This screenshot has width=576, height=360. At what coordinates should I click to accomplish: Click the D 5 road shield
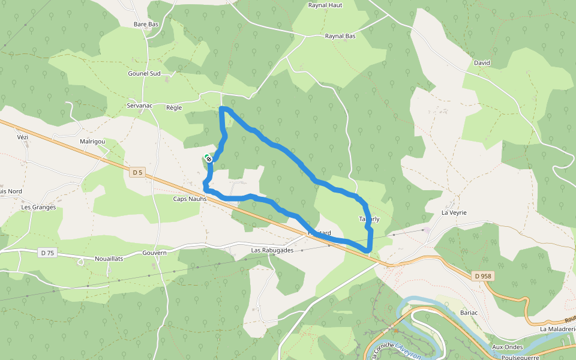(137, 173)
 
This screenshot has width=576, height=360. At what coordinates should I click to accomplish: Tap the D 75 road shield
(48, 253)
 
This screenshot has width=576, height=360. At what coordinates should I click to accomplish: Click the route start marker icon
(208, 158)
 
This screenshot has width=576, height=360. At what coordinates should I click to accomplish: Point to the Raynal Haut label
(325, 5)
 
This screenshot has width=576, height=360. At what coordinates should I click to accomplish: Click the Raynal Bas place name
(340, 36)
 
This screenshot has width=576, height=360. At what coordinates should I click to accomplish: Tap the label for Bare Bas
(146, 24)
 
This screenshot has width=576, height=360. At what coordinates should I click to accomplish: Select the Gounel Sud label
(144, 73)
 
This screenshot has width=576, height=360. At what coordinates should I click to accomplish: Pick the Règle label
(173, 107)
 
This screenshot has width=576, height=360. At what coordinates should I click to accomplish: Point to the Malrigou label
(92, 142)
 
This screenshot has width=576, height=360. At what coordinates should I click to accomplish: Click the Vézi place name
(23, 137)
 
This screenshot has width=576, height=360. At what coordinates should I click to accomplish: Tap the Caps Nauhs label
(190, 199)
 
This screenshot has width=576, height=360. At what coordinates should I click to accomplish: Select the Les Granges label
(38, 207)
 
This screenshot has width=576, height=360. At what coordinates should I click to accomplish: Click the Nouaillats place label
(109, 259)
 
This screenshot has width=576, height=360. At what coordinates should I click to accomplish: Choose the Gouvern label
(154, 253)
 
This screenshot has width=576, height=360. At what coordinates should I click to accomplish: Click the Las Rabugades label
(272, 250)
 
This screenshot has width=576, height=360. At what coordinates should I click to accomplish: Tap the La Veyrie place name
(454, 212)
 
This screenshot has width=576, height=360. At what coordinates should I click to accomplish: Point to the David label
(482, 62)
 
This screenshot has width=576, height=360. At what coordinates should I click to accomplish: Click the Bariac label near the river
(469, 313)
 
